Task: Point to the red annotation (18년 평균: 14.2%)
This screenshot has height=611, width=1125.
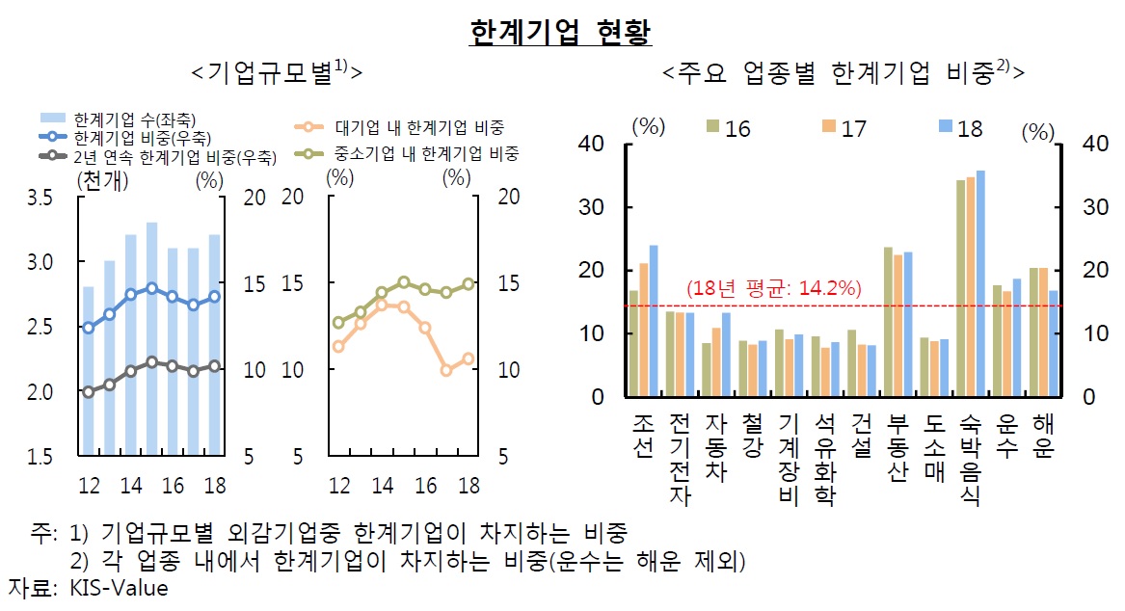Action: pyautogui.click(x=773, y=288)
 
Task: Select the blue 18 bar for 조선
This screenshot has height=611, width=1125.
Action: pyautogui.click(x=653, y=320)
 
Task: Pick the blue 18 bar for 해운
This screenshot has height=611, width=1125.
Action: pyautogui.click(x=1053, y=343)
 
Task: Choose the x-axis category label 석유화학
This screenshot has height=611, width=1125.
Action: pyautogui.click(x=824, y=459)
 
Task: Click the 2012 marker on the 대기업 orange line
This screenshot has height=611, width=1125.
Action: pyautogui.click(x=338, y=346)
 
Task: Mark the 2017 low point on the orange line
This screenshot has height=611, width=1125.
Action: pyautogui.click(x=446, y=369)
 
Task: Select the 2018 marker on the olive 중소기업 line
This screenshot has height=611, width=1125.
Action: pyautogui.click(x=469, y=283)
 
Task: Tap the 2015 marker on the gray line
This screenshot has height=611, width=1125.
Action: pyautogui.click(x=151, y=361)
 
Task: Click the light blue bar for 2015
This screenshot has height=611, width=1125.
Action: pyautogui.click(x=151, y=337)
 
